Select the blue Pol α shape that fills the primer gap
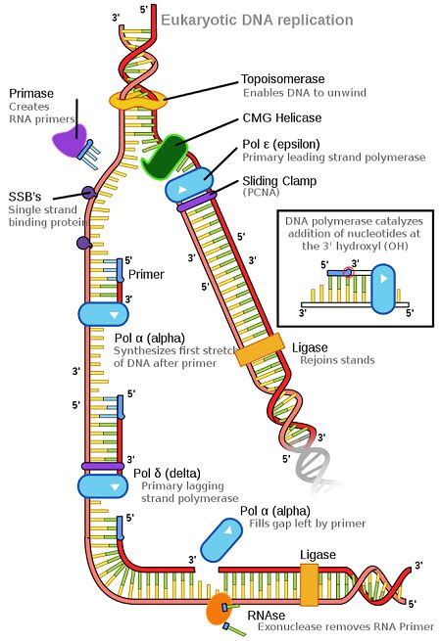pos(222,534)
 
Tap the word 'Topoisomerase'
pos(284,78)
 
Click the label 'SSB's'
pos(26,194)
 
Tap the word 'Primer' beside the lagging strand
pos(146,275)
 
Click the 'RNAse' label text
pos(266,614)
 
